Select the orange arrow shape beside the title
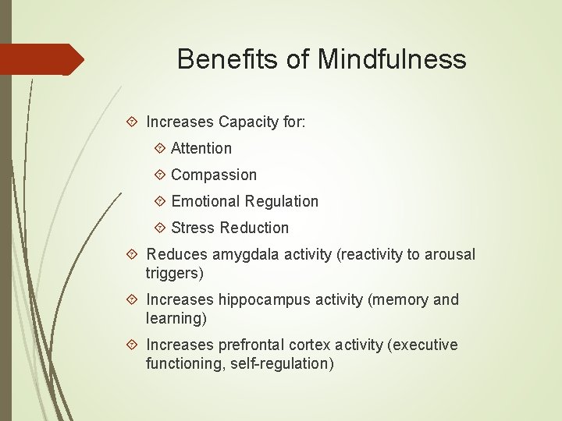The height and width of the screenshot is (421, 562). pyautogui.click(x=43, y=59)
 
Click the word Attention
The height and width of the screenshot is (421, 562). pyautogui.click(x=201, y=148)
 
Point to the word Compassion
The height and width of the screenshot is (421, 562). pyautogui.click(x=213, y=175)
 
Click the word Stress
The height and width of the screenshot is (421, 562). pyautogui.click(x=193, y=228)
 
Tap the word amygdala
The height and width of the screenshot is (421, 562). pyautogui.click(x=239, y=254)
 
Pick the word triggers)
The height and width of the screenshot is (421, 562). pyautogui.click(x=175, y=273)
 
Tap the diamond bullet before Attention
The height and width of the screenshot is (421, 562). pyautogui.click(x=160, y=147)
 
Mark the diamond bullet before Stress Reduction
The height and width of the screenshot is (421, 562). pyautogui.click(x=160, y=227)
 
